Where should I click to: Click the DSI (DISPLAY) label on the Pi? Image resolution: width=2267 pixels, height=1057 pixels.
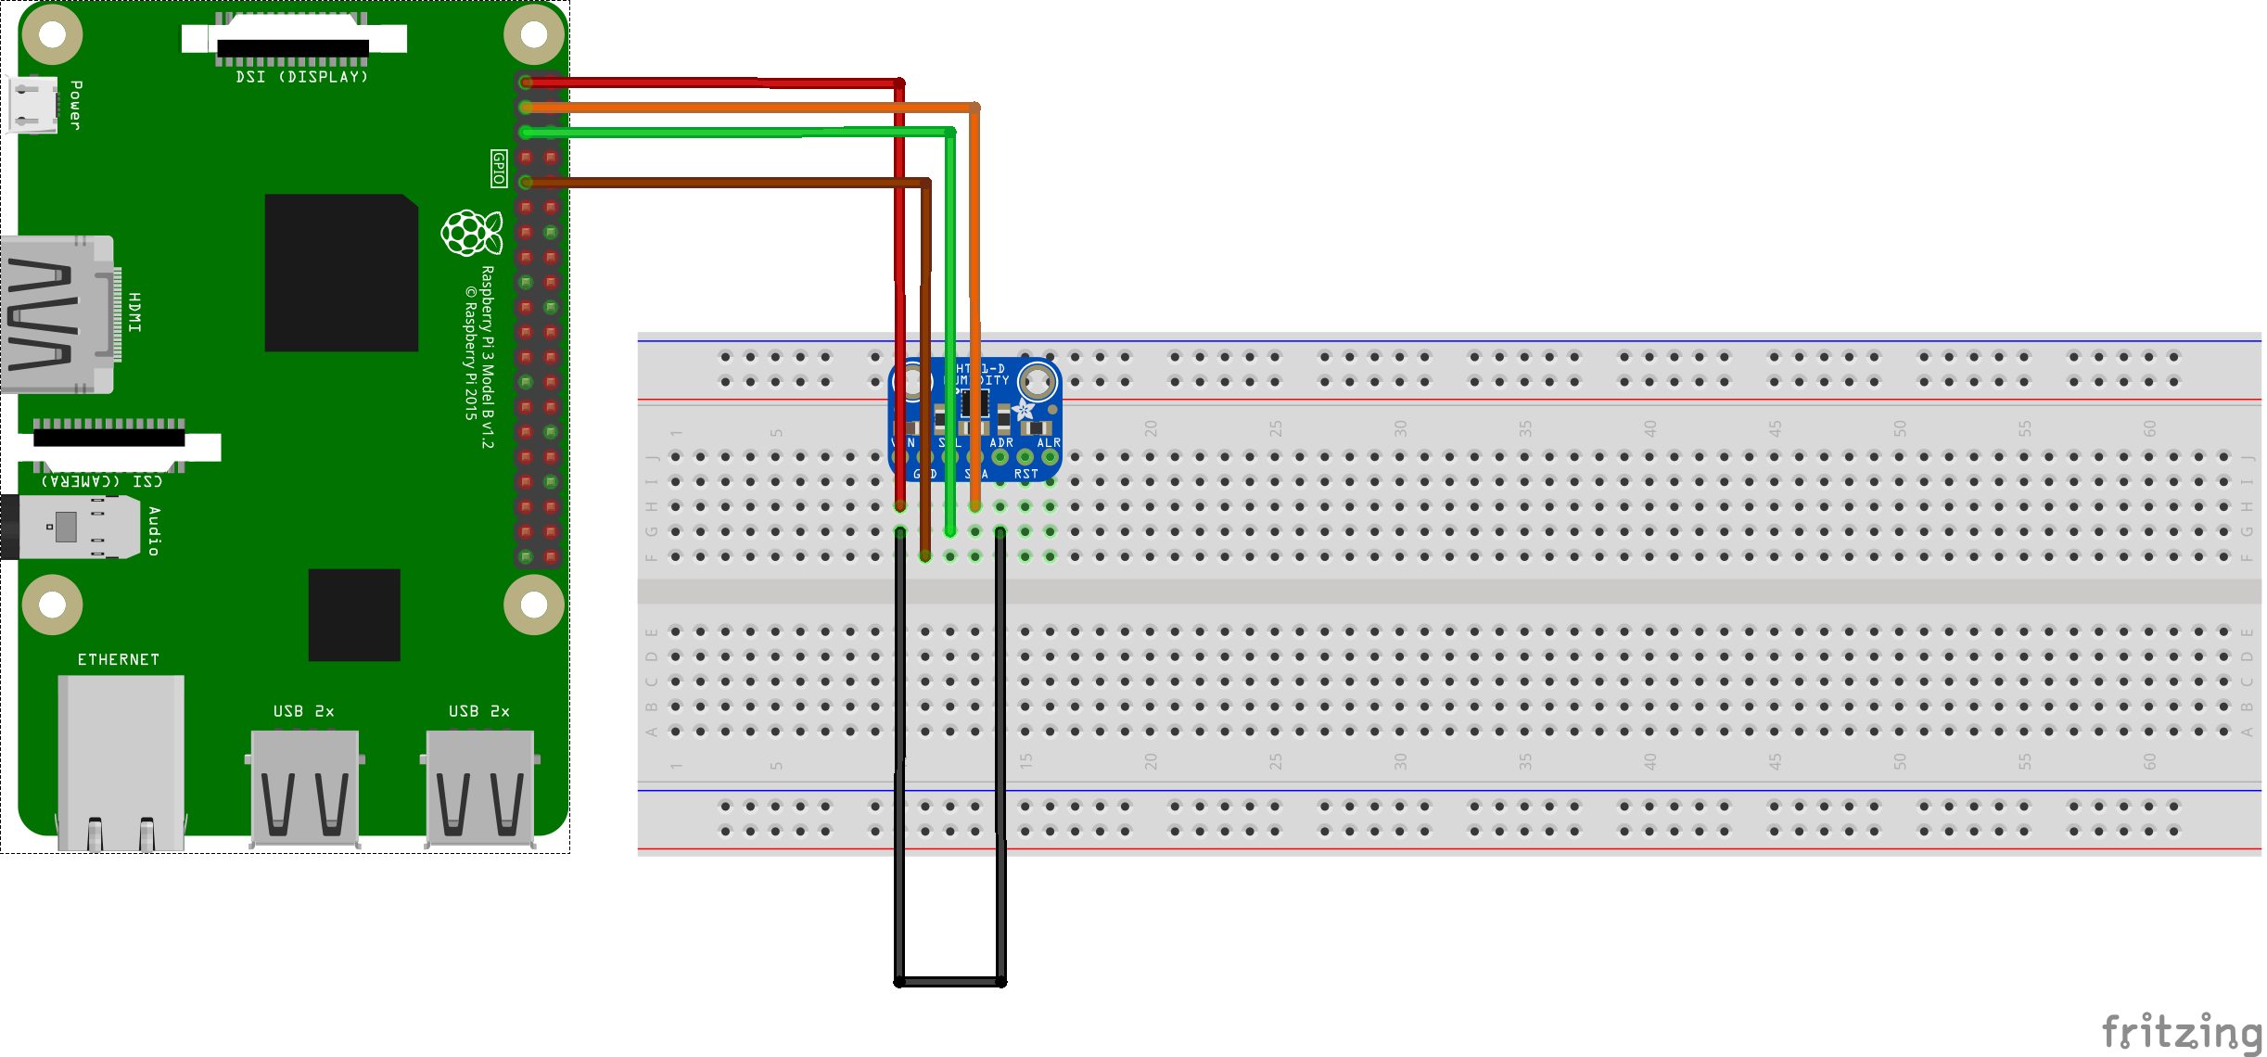pyautogui.click(x=301, y=77)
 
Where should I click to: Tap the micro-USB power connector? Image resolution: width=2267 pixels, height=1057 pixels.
pyautogui.click(x=33, y=104)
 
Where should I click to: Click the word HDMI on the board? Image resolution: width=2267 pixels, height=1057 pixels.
pyautogui.click(x=134, y=312)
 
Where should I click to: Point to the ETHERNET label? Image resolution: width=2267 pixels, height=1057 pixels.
pyautogui.click(x=118, y=659)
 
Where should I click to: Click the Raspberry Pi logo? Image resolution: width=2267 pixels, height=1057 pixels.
pyautogui.click(x=471, y=232)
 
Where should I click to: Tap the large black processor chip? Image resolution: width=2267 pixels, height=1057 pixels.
pyautogui.click(x=341, y=273)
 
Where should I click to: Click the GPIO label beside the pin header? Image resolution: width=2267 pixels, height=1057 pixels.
pyautogui.click(x=499, y=169)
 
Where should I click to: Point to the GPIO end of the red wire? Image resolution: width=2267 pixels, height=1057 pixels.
pyautogui.click(x=527, y=83)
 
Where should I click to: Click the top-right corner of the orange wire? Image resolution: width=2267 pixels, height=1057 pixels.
pyautogui.click(x=974, y=108)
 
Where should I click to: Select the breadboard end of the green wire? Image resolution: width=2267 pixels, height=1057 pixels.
pyautogui.click(x=950, y=531)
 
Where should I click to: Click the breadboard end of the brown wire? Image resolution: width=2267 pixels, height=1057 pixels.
pyautogui.click(x=925, y=556)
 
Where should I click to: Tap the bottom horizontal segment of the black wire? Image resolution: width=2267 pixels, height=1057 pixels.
pyautogui.click(x=950, y=982)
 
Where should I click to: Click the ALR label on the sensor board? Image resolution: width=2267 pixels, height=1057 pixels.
pyautogui.click(x=1049, y=442)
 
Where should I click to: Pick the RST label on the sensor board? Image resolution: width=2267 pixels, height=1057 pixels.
pyautogui.click(x=1025, y=474)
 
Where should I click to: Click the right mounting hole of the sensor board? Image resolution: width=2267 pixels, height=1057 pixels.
pyautogui.click(x=1038, y=380)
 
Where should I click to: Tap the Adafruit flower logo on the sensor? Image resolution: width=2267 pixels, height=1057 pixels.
pyautogui.click(x=1024, y=409)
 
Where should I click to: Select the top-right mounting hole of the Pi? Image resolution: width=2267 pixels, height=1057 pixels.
pyautogui.click(x=534, y=35)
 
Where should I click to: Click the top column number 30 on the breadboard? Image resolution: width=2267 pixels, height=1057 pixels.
pyautogui.click(x=1400, y=428)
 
